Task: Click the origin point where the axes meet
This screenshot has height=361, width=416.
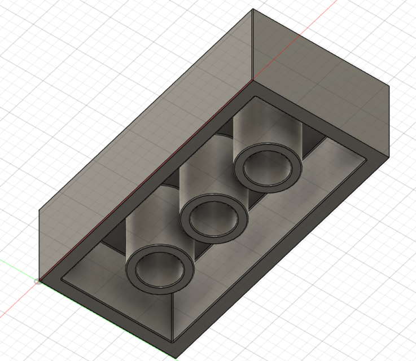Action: click(38, 281)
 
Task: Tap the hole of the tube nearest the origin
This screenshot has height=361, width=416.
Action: click(160, 268)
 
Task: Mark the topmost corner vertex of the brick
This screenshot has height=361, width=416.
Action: click(252, 10)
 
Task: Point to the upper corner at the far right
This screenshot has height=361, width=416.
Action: click(390, 86)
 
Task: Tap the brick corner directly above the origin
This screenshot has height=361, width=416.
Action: click(39, 210)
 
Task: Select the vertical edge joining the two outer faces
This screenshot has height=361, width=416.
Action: click(252, 45)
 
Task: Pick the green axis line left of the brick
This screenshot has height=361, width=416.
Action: click(17, 271)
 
